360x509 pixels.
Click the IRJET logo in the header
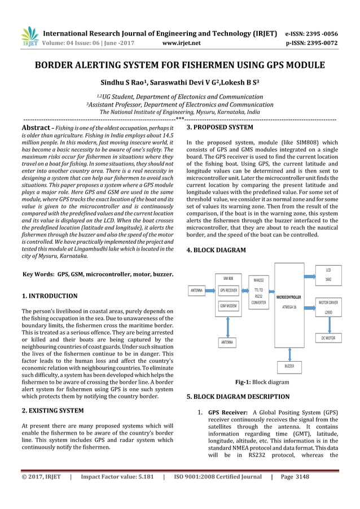[x=29, y=36]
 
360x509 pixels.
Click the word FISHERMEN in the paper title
[x=195, y=65]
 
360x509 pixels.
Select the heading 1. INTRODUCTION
[x=49, y=296]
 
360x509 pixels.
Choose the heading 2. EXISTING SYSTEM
[x=52, y=410]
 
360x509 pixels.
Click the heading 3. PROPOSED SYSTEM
[x=219, y=128]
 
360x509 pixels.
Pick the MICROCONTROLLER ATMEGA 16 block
[x=288, y=301]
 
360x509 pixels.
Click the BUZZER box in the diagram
[x=288, y=367]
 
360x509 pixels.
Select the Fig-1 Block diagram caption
[x=262, y=382]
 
